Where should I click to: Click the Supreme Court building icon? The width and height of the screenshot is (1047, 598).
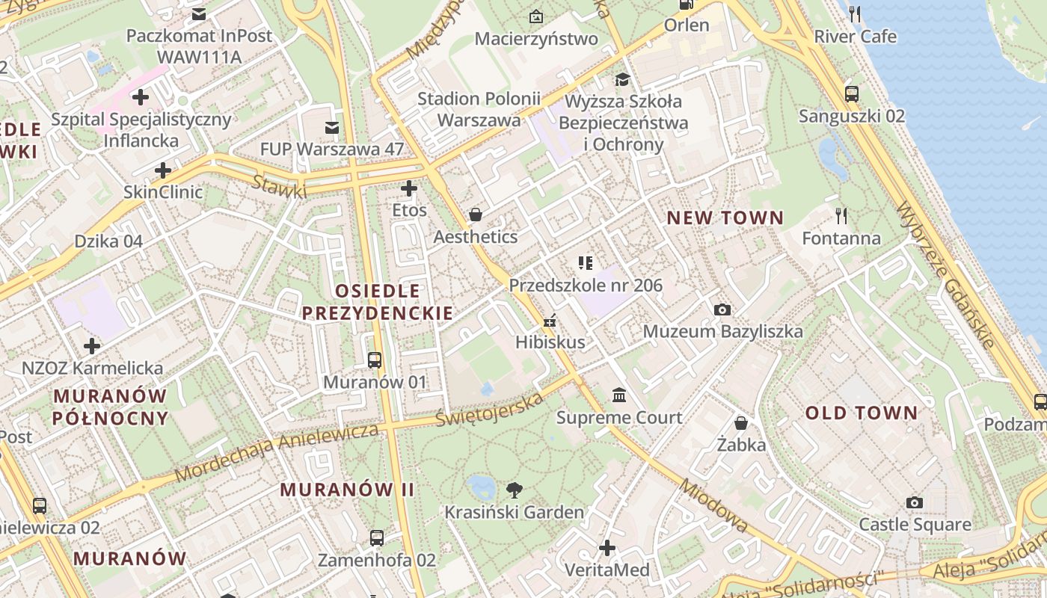(x=619, y=395)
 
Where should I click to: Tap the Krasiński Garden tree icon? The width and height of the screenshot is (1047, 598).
(x=514, y=490)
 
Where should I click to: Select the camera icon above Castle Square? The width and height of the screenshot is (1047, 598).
(x=914, y=502)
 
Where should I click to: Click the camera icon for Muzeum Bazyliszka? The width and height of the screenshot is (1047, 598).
(x=722, y=309)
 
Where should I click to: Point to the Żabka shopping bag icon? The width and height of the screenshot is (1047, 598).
(x=740, y=423)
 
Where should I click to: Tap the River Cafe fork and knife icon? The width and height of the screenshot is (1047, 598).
(x=855, y=14)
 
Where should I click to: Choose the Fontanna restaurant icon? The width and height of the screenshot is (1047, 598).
(x=841, y=216)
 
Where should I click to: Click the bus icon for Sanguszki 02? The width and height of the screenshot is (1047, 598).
(x=851, y=94)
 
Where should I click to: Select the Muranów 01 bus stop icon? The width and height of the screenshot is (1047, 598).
(x=375, y=360)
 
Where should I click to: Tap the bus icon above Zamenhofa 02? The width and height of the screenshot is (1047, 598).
(x=376, y=538)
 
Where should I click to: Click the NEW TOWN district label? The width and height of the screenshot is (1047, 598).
(x=725, y=218)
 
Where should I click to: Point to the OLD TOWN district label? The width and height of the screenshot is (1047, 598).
(x=861, y=413)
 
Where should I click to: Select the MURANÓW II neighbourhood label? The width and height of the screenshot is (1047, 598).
(x=347, y=490)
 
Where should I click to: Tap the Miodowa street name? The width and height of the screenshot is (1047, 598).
(x=713, y=506)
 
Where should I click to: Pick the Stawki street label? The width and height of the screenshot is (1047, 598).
(x=278, y=187)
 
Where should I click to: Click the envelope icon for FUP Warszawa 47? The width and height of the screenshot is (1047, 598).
(x=332, y=128)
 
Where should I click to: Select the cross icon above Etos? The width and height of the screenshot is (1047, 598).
(x=409, y=188)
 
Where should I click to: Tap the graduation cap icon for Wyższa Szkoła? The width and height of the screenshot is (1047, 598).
(x=622, y=79)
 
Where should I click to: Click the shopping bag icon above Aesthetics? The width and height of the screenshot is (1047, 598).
(x=475, y=215)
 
